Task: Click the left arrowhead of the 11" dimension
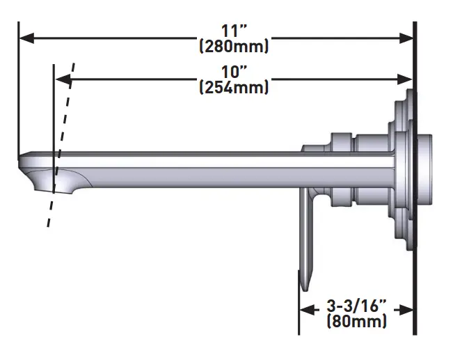[x=25, y=39]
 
